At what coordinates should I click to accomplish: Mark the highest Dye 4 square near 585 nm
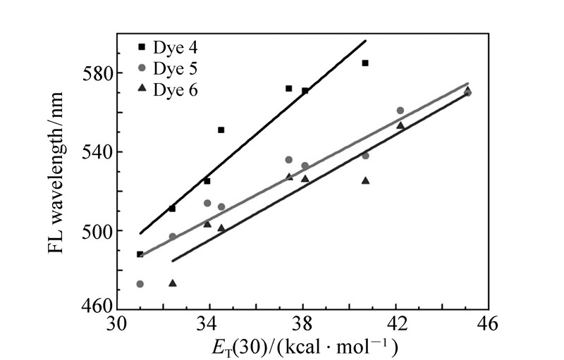pyautogui.click(x=365, y=63)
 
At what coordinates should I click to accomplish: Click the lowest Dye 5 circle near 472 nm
pyautogui.click(x=140, y=284)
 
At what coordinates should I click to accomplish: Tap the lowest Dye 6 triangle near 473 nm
pyautogui.click(x=173, y=283)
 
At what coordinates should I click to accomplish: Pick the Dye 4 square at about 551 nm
pyautogui.click(x=221, y=130)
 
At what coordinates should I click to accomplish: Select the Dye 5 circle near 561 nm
pyautogui.click(x=400, y=111)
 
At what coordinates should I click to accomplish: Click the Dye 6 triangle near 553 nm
pyautogui.click(x=400, y=125)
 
